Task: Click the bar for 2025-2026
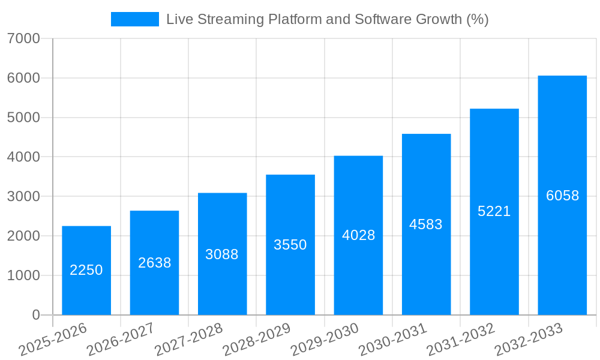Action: click(x=86, y=270)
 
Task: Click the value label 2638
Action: click(x=154, y=263)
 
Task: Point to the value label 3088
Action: click(x=222, y=254)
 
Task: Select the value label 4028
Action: click(x=358, y=235)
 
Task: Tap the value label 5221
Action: click(x=494, y=211)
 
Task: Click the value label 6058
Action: click(x=562, y=196)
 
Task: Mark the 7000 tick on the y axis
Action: click(x=23, y=39)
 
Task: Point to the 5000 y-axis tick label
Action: click(x=23, y=118)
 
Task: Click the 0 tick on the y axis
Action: click(x=35, y=315)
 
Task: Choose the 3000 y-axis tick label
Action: click(x=23, y=197)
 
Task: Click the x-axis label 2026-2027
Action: click(x=121, y=340)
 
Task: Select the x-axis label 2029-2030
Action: click(x=325, y=340)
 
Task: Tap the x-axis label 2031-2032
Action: click(x=461, y=340)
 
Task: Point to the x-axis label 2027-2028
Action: click(x=189, y=340)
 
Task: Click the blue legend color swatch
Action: click(x=135, y=19)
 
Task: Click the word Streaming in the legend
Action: click(x=226, y=19)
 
